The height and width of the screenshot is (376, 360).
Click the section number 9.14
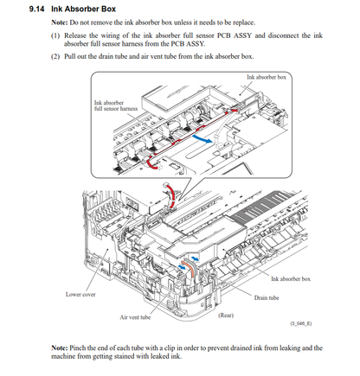click(x=36, y=9)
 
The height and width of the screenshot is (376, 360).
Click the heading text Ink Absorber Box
click(x=83, y=9)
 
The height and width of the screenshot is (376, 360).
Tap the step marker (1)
click(x=55, y=35)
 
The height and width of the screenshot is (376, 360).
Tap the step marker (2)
click(x=55, y=56)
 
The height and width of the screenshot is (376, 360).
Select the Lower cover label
click(x=80, y=294)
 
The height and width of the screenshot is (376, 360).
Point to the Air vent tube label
click(x=135, y=317)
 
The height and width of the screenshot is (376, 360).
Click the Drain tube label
click(x=267, y=297)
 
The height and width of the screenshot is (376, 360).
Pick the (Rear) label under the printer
click(x=226, y=315)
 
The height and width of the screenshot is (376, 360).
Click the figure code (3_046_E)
click(x=301, y=323)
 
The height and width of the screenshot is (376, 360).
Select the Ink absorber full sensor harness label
click(x=116, y=105)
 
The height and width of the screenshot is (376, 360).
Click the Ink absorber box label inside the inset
click(x=267, y=77)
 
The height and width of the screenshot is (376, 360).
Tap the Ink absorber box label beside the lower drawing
click(x=291, y=278)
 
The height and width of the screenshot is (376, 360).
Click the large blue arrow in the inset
click(x=203, y=138)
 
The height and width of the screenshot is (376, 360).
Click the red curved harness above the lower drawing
click(x=172, y=194)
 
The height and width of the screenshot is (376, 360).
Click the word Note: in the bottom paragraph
click(x=60, y=347)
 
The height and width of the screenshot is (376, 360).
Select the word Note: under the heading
click(x=60, y=22)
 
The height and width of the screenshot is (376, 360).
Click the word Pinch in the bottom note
click(x=77, y=347)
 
